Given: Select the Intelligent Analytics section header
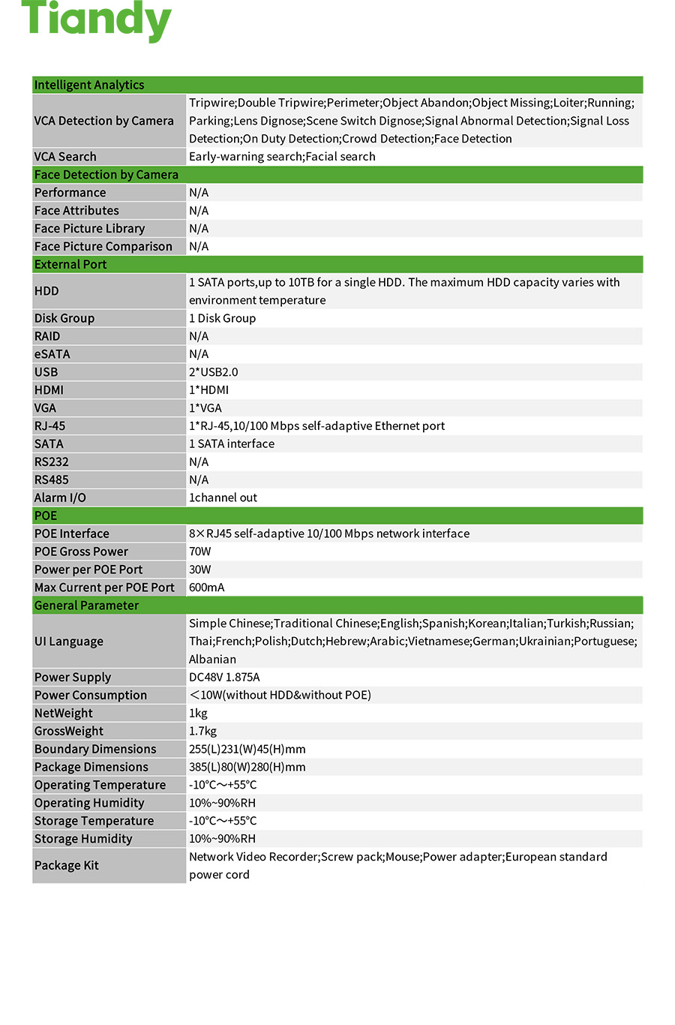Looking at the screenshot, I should pyautogui.click(x=89, y=85).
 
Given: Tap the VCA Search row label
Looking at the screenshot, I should pyautogui.click(x=65, y=157).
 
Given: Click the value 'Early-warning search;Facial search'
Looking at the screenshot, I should pyautogui.click(x=282, y=157).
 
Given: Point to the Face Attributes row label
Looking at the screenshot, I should pyautogui.click(x=76, y=211).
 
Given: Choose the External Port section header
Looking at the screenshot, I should pyautogui.click(x=70, y=265).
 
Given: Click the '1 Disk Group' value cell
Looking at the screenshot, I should pyautogui.click(x=222, y=318).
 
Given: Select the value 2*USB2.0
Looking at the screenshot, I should pyautogui.click(x=213, y=372).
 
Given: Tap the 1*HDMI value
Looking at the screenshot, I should pyautogui.click(x=208, y=390).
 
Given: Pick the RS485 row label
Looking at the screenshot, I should pyautogui.click(x=51, y=480).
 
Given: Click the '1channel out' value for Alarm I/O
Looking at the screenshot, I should pyautogui.click(x=223, y=497).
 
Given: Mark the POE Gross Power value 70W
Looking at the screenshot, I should pyautogui.click(x=200, y=552).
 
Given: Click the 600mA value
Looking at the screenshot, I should pyautogui.click(x=206, y=588).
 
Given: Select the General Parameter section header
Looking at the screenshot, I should pyautogui.click(x=86, y=606).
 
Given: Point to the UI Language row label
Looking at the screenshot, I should pyautogui.click(x=69, y=642).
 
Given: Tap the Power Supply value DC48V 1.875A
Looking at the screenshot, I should pyautogui.click(x=224, y=677).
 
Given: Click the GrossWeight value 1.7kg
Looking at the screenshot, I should pyautogui.click(x=202, y=731).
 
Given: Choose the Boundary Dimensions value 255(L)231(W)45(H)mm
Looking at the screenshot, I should pyautogui.click(x=247, y=749).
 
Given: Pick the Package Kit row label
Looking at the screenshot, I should pyautogui.click(x=67, y=865).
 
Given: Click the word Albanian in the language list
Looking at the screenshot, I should pyautogui.click(x=212, y=660).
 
